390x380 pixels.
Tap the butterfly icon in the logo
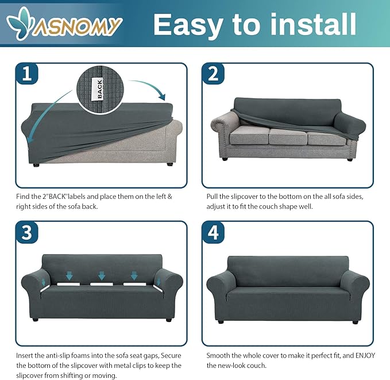(19, 23)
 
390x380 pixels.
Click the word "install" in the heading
(313, 24)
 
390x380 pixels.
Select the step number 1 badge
(27, 74)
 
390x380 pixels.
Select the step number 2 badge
(213, 74)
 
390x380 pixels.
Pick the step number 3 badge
(27, 232)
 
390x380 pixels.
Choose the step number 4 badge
(213, 232)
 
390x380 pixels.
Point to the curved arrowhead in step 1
(161, 97)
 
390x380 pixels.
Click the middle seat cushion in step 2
(288, 136)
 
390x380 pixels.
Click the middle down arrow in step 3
(102, 276)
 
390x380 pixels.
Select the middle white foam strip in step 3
(101, 284)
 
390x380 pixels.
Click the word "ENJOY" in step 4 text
(365, 355)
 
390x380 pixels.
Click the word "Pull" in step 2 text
(212, 197)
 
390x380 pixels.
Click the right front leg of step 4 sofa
(355, 322)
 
